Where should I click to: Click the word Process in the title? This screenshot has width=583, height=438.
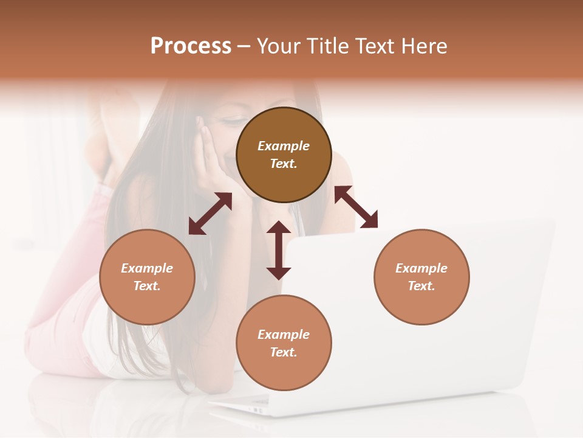[191, 46]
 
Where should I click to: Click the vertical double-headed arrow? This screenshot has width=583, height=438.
[279, 250]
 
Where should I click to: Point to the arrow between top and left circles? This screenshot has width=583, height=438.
[210, 214]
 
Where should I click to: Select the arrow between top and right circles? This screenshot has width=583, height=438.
[356, 207]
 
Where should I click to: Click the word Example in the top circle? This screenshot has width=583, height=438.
[284, 146]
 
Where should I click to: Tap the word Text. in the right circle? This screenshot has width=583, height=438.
[421, 286]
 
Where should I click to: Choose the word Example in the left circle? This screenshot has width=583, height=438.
[147, 268]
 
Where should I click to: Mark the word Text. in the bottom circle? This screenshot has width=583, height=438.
[284, 352]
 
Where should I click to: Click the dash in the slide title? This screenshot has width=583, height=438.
[244, 46]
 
